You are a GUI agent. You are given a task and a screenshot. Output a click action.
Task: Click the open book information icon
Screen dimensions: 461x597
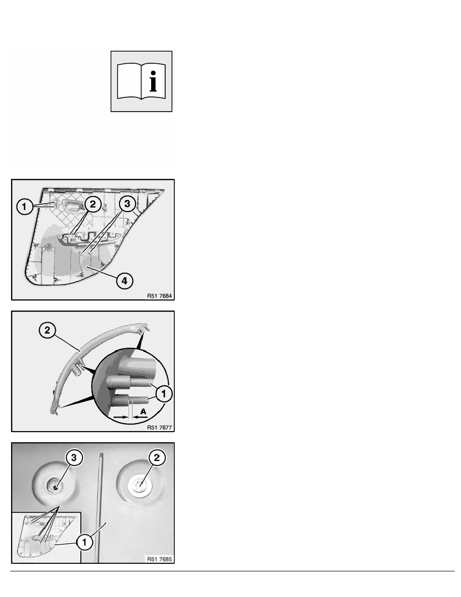141,81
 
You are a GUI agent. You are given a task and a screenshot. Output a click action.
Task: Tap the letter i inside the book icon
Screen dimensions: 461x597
153,81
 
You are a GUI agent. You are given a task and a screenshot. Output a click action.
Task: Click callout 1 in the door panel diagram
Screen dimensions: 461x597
25,207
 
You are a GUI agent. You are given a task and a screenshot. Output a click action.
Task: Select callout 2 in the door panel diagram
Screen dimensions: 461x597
92,205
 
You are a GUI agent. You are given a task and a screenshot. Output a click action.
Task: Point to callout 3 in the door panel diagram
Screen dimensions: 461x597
127,204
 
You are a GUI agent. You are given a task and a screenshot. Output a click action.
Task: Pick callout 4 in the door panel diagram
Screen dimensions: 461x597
125,281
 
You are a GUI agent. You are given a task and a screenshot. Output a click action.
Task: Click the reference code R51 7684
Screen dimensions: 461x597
159,296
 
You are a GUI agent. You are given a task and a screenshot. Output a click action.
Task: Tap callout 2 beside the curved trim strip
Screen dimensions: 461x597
47,330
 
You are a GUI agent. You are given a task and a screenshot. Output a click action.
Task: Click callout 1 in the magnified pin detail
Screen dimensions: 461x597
164,393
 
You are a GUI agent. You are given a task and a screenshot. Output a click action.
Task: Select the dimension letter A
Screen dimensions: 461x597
143,412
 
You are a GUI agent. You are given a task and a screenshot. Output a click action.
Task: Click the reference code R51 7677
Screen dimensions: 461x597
159,428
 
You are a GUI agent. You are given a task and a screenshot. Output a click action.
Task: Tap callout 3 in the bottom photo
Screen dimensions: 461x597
74,458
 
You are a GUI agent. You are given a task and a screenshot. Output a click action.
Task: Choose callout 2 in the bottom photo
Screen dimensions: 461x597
157,458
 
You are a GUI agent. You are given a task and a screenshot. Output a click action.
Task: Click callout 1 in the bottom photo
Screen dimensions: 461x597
84,542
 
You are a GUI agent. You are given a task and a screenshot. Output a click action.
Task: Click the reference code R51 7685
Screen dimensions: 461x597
159,559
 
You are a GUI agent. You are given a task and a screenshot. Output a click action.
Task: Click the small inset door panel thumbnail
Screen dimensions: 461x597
46,537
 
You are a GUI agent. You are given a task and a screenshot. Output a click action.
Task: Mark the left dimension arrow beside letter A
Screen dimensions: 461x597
121,417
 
